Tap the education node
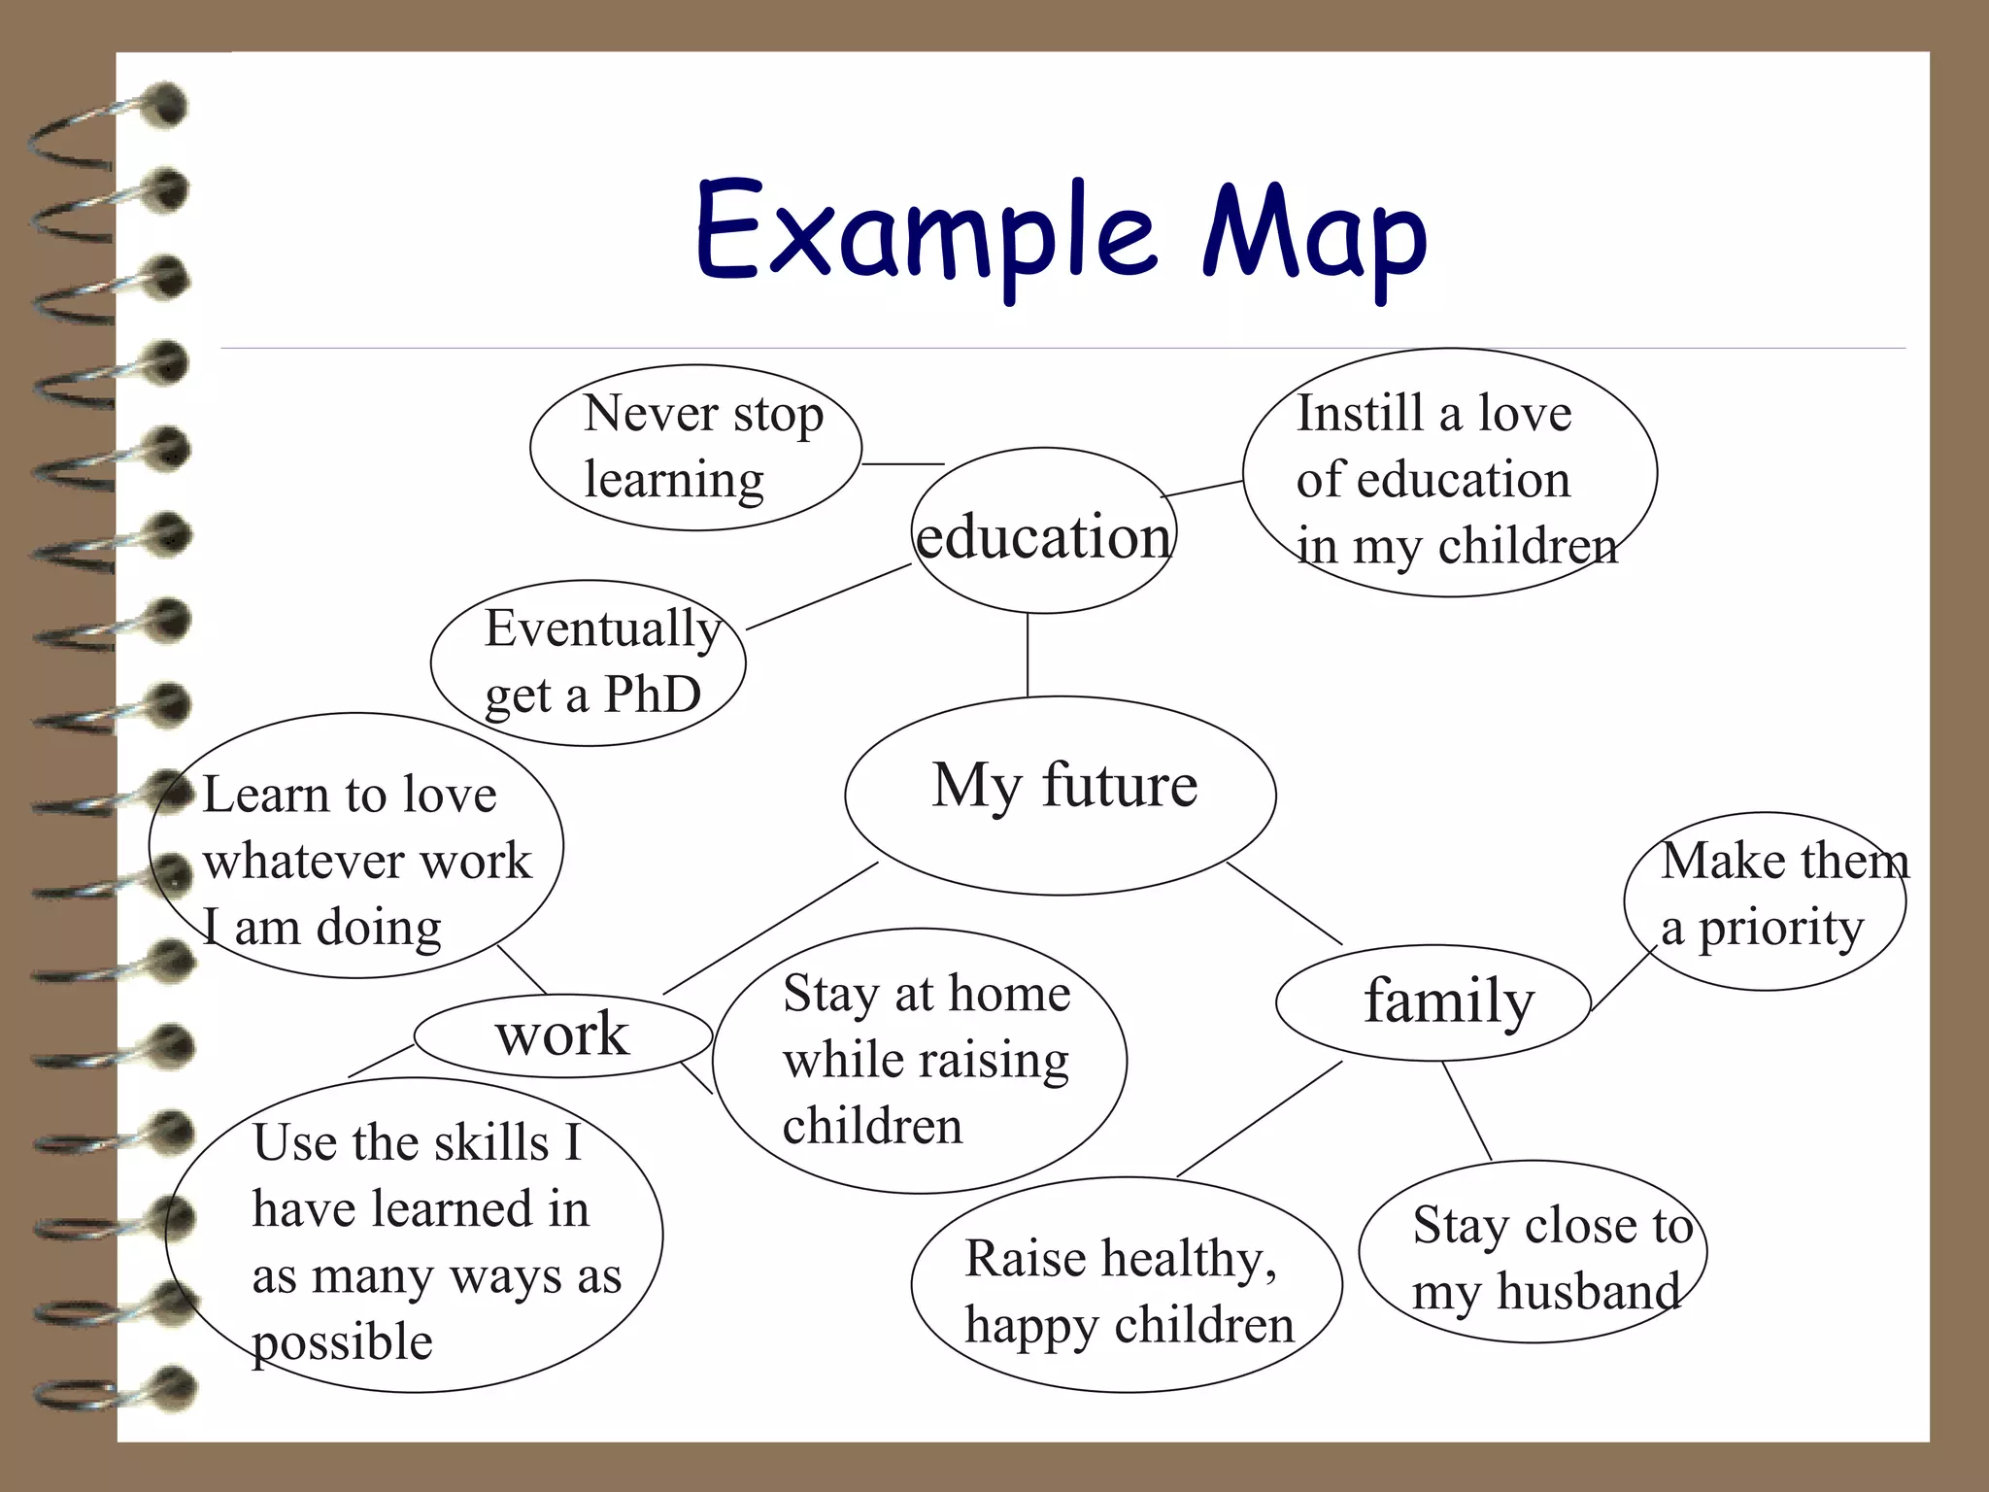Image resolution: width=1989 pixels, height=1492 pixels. click(1044, 534)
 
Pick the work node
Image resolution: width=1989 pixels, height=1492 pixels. click(562, 1034)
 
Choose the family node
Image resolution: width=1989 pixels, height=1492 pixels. click(1447, 1000)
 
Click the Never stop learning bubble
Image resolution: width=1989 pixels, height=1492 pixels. click(695, 447)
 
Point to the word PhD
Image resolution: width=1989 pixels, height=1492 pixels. click(652, 695)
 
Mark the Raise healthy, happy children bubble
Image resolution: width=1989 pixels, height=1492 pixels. click(1127, 1287)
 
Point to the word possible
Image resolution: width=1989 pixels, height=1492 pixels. click(342, 1343)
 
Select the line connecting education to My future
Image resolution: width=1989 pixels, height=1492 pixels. click(1028, 655)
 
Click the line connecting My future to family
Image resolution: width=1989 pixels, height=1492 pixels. click(1284, 903)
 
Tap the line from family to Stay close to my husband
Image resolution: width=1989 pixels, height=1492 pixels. click(1466, 1111)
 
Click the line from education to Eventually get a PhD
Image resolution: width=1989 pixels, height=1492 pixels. click(827, 596)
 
